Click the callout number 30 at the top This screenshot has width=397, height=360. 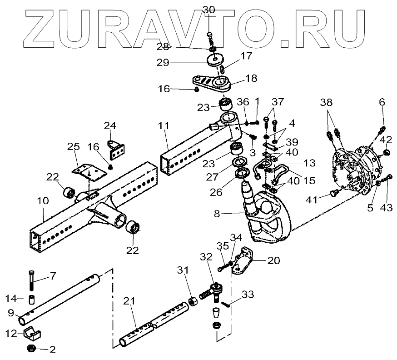(208, 10)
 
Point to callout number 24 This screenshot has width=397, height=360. (110, 125)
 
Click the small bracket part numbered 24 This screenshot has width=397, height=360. (116, 148)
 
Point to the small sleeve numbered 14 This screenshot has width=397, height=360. (33, 300)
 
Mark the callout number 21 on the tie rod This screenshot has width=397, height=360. (130, 302)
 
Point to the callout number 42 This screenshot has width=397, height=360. (387, 139)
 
